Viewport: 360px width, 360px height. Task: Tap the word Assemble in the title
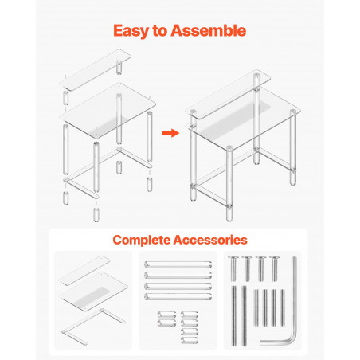click(209, 30)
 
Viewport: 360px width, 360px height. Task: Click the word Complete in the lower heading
click(142, 241)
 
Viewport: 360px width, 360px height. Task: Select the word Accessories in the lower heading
click(210, 240)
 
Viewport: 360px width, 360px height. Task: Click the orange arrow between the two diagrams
click(170, 133)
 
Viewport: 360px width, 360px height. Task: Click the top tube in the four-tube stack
click(178, 264)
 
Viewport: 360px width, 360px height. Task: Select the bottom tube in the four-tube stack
click(178, 296)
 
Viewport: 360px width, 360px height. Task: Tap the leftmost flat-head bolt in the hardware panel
click(233, 268)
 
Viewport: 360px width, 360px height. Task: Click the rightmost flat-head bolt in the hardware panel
click(274, 268)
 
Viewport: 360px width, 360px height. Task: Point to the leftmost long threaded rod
click(234, 316)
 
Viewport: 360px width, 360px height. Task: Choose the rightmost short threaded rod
click(283, 307)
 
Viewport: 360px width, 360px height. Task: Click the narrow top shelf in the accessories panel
click(84, 271)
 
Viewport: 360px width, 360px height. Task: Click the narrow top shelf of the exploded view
click(95, 70)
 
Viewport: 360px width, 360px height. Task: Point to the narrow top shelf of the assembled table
click(228, 95)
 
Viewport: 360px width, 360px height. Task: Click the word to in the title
click(159, 31)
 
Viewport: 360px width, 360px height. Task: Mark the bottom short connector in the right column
click(190, 340)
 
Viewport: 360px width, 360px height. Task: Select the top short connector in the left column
click(166, 315)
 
